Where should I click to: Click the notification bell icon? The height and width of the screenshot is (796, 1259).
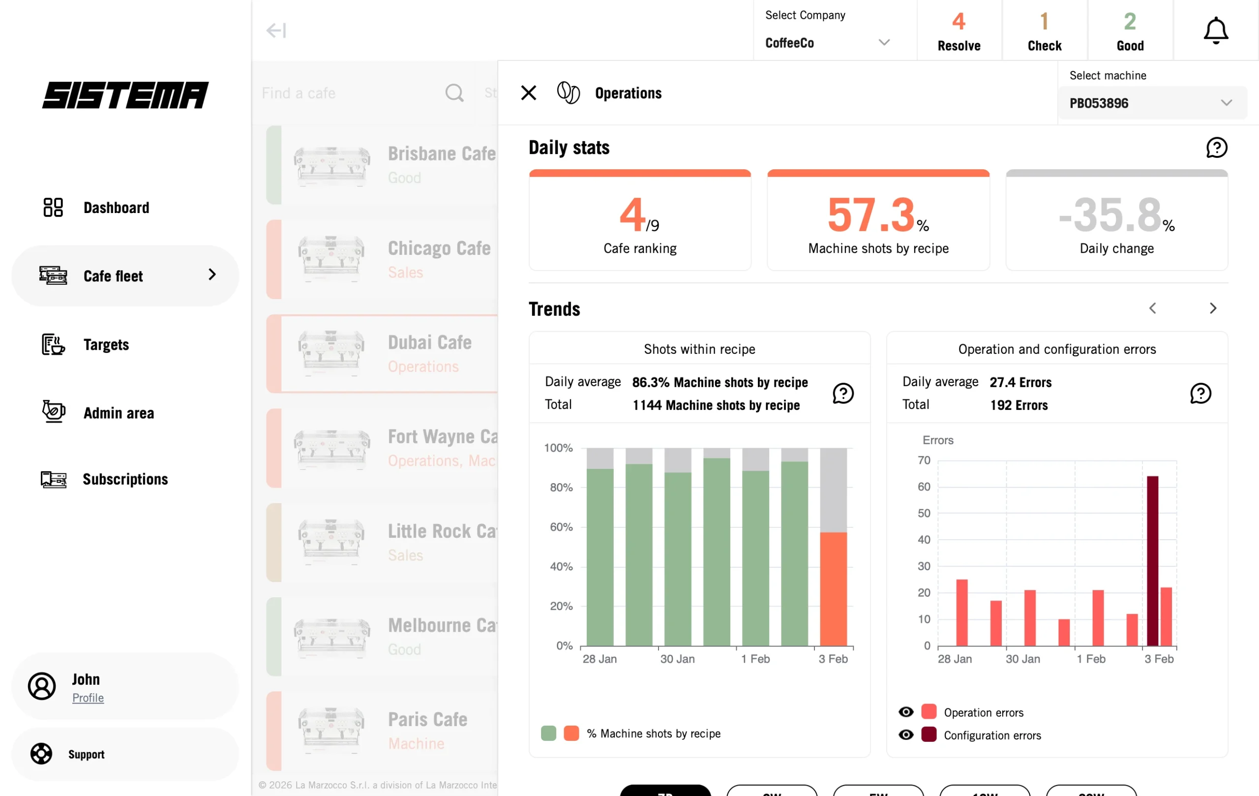[1216, 31]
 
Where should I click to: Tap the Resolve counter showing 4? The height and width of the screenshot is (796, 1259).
[959, 31]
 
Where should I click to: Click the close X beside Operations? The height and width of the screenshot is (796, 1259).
[528, 93]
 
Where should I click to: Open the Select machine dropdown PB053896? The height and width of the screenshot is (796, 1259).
[1152, 103]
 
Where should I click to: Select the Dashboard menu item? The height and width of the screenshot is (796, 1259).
[116, 208]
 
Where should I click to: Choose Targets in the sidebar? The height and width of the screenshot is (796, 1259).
[106, 345]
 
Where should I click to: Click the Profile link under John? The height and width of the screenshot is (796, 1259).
[88, 698]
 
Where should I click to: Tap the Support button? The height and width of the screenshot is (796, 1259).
[86, 754]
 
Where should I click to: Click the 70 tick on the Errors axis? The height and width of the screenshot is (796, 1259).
[924, 460]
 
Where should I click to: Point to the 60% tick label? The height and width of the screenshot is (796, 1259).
[561, 527]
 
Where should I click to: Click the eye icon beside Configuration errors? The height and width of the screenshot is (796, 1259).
[905, 735]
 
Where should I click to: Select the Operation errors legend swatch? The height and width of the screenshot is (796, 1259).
[929, 712]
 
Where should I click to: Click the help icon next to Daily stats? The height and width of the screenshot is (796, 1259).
[1216, 148]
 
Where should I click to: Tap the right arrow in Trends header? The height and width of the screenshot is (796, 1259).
[1212, 308]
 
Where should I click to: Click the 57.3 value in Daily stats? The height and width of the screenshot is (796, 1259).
[871, 214]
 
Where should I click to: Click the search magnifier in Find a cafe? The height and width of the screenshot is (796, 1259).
[454, 93]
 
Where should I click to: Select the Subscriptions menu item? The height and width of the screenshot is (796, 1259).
[125, 479]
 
